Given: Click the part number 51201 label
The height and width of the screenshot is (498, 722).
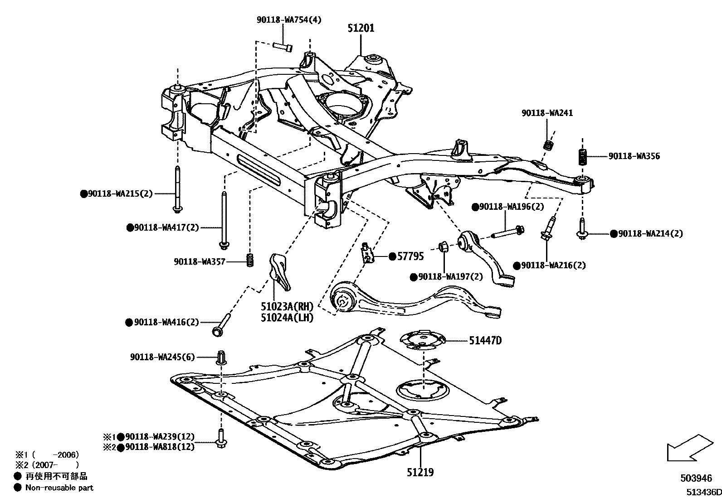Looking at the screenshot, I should (361, 28).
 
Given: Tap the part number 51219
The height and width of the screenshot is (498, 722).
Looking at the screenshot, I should (420, 472).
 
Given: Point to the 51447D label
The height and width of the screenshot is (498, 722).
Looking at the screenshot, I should (485, 340).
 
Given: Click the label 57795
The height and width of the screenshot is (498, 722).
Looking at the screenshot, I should (411, 256).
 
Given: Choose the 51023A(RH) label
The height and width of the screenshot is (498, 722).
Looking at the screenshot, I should (287, 306).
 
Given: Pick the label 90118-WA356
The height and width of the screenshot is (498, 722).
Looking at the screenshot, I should (634, 156).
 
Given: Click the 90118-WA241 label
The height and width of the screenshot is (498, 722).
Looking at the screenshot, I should (547, 113).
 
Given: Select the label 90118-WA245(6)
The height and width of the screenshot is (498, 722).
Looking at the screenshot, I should (162, 357).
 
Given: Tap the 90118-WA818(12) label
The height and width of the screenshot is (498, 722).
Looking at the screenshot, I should (160, 447).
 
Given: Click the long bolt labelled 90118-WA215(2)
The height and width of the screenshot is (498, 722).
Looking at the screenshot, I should (177, 189).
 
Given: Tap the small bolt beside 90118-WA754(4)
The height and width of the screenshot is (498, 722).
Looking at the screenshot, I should (283, 46).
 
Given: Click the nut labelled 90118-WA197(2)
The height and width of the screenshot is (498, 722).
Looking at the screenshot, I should (443, 247).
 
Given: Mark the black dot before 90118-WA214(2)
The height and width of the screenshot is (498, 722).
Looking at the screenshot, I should (614, 234).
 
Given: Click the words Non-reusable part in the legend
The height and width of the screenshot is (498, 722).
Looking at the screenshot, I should (59, 488).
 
